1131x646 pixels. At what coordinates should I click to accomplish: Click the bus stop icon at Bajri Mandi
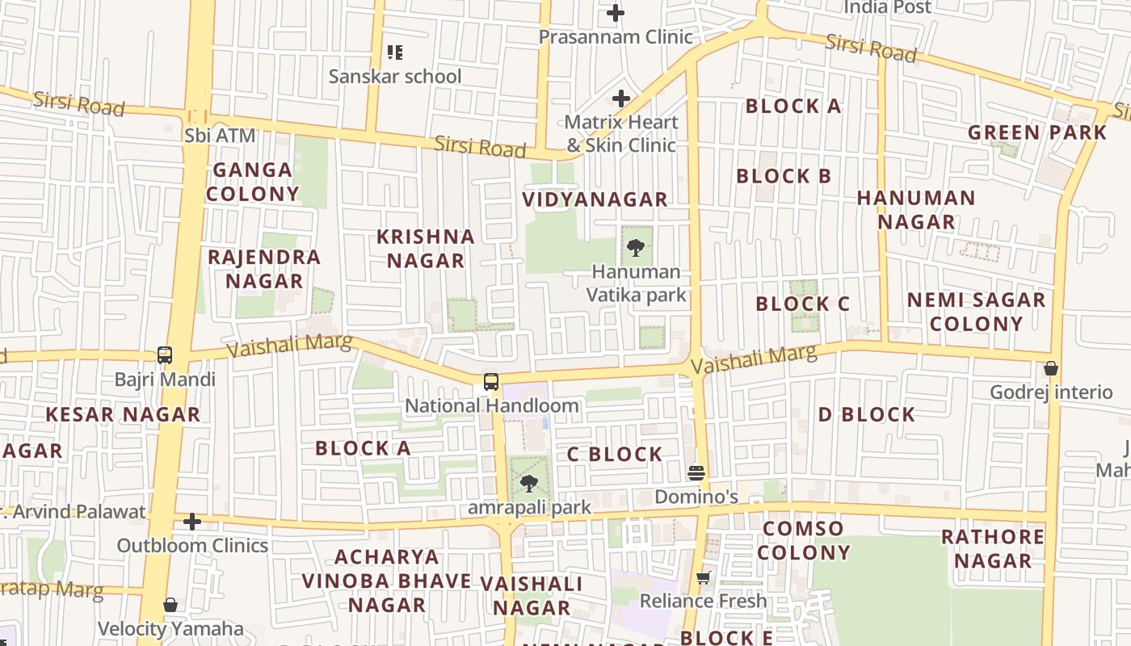pos(165,355)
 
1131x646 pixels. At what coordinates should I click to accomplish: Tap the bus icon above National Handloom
pos(491,382)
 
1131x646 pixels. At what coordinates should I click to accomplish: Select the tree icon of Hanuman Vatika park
pos(636,248)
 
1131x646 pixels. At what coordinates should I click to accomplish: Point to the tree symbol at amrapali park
pos(529,484)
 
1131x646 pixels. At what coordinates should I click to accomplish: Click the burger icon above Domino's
pos(696,473)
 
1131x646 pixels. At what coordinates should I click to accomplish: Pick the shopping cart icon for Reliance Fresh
pos(704,577)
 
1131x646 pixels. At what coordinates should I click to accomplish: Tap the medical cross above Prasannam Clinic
pos(616,13)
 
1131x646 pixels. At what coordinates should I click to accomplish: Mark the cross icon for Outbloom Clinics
pos(192,522)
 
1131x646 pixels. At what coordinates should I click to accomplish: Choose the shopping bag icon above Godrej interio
pos(1051,368)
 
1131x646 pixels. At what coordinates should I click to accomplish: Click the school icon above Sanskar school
pos(395,52)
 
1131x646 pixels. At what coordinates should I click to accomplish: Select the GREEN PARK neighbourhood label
pos(1037,132)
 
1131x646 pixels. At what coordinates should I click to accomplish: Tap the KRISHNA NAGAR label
pos(426,249)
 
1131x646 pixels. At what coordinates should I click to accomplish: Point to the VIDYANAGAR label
pos(595,199)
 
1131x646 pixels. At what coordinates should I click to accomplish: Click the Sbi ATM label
pos(220,136)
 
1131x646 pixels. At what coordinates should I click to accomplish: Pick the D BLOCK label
pos(867,415)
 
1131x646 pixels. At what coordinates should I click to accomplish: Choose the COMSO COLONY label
pos(804,541)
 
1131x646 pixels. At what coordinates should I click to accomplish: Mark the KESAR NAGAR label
pos(123,415)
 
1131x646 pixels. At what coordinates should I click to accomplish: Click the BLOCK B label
pos(784,176)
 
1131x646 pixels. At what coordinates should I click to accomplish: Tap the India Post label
pos(887,7)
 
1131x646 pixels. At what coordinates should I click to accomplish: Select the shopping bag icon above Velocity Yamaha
pos(170,605)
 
